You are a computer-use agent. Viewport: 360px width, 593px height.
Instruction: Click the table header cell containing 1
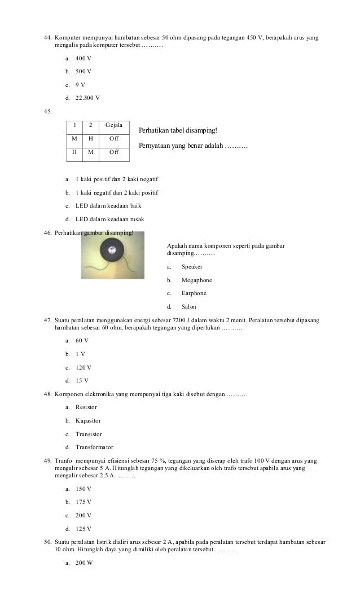click(x=74, y=125)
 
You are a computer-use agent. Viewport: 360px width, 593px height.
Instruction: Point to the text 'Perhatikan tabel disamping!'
click(x=177, y=131)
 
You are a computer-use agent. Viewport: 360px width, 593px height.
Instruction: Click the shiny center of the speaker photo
click(x=112, y=249)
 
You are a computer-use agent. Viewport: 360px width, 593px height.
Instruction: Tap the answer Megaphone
click(x=196, y=280)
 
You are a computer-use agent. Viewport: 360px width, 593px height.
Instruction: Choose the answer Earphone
click(x=194, y=293)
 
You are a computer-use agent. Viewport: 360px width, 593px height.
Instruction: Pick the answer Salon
click(x=188, y=307)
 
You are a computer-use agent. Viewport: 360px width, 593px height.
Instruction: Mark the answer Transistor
click(x=89, y=434)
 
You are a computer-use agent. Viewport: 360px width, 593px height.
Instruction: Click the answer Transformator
click(x=94, y=447)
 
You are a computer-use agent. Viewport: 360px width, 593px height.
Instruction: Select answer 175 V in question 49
click(x=84, y=502)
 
